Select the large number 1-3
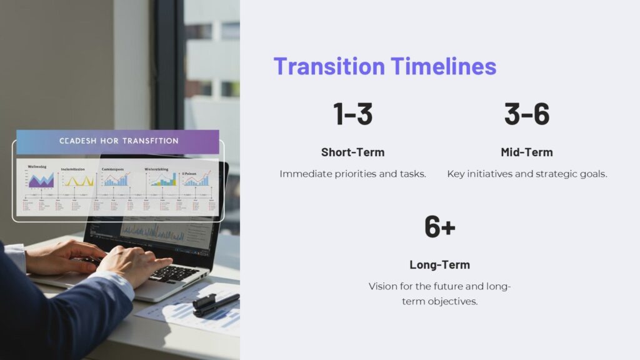(x=352, y=114)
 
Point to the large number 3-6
(x=526, y=114)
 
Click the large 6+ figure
(x=439, y=226)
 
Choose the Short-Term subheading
(x=352, y=152)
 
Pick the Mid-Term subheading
(x=526, y=152)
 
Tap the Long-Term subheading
(x=439, y=264)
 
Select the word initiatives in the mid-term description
(x=492, y=174)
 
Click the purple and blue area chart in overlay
(x=41, y=181)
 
